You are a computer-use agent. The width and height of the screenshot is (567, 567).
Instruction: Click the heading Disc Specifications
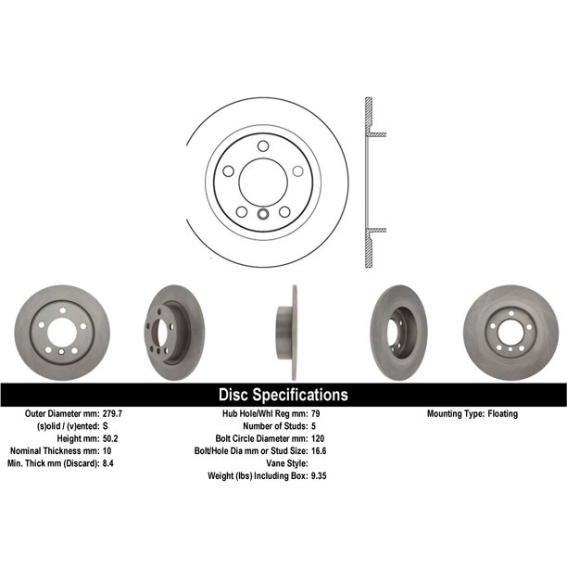point(283,395)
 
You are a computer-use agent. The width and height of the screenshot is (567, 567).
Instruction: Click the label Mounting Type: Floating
point(472,413)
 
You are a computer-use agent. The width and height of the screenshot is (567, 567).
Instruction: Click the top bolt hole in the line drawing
point(263,145)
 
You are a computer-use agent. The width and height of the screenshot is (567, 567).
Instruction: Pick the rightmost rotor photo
point(510,325)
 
